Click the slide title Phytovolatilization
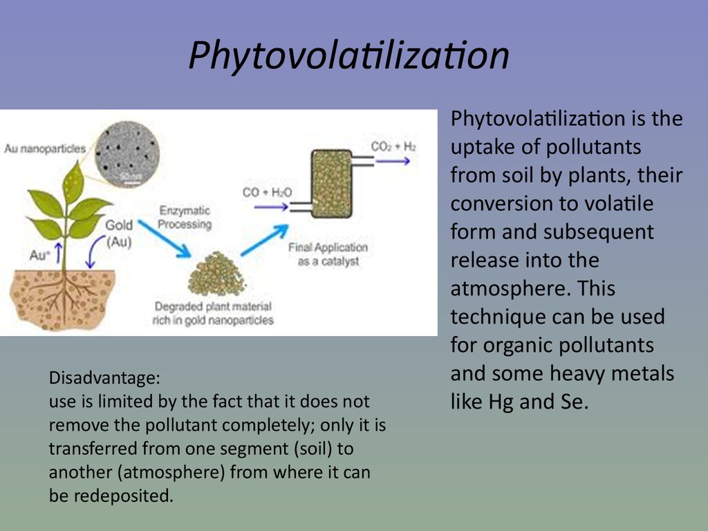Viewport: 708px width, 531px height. point(348,55)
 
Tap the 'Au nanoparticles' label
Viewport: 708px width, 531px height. point(45,149)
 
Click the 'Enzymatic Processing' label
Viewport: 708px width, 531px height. point(185,218)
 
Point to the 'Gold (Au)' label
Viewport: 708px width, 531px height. point(119,234)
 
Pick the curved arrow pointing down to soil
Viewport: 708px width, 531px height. point(93,251)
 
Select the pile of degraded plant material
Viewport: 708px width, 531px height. point(216,274)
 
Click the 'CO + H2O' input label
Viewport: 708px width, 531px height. point(267,192)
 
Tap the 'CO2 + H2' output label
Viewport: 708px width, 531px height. point(393,147)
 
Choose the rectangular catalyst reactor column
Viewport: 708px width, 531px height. point(331,184)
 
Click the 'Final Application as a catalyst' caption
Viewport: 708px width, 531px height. point(328,254)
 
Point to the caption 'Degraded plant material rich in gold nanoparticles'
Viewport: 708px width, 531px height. point(213,313)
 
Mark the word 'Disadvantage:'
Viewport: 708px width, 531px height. point(104,378)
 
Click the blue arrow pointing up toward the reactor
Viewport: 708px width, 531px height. point(265,240)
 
